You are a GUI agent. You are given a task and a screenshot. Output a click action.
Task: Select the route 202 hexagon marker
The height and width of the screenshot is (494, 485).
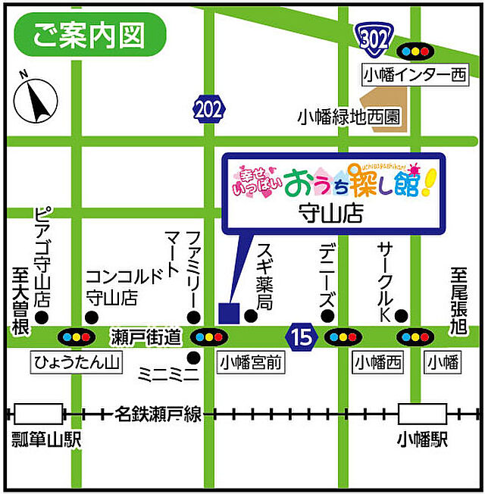pos(208,108)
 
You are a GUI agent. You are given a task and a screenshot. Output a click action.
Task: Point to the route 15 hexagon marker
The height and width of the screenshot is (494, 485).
pos(302,336)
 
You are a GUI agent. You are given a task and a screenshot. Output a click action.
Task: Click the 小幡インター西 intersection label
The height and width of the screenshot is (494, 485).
pos(415,74)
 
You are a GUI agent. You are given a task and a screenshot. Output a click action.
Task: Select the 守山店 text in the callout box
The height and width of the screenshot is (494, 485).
pos(331,213)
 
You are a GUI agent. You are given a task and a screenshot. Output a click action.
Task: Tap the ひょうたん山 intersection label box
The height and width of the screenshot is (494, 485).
pos(77,363)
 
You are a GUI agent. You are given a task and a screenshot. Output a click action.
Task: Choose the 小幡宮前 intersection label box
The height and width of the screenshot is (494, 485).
pos(251,363)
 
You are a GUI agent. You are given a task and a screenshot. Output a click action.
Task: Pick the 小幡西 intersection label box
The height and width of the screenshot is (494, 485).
pos(376,363)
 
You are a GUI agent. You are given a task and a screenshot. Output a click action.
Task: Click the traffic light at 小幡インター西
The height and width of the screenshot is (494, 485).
pos(415,52)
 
